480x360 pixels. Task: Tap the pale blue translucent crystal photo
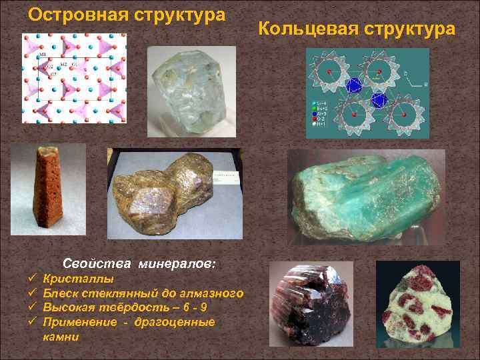(x=191, y=91)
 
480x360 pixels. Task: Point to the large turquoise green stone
(x=366, y=199)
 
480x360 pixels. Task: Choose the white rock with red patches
(x=417, y=303)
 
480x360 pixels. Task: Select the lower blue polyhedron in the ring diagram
(x=379, y=100)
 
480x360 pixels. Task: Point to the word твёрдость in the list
(x=123, y=308)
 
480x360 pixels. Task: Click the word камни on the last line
(x=61, y=337)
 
